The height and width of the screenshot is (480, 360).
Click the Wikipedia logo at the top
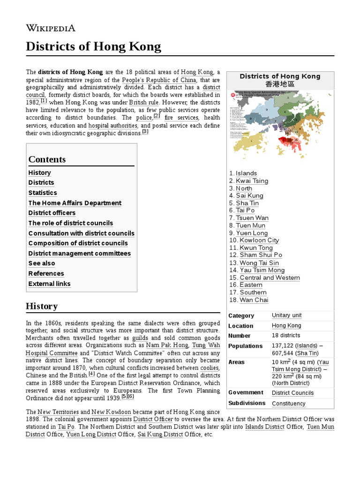point(50,28)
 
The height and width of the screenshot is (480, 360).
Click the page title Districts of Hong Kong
point(93,47)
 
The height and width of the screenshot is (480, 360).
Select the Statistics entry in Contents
point(43,193)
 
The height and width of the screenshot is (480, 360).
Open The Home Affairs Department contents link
point(75,203)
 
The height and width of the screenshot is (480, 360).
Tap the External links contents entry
point(49,284)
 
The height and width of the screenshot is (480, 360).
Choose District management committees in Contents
point(79,254)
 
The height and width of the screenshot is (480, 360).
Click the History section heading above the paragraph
point(42,306)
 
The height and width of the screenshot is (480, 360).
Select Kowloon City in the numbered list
point(259,240)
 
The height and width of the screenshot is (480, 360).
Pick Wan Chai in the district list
point(254,300)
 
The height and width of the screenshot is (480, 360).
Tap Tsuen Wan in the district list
point(252,218)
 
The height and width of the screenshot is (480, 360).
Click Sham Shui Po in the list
point(261,255)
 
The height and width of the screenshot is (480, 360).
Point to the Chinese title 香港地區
point(280,84)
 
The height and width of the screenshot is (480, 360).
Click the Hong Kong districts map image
point(280,127)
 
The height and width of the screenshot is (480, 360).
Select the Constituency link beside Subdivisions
point(288,404)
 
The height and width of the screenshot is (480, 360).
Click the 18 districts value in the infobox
point(286,336)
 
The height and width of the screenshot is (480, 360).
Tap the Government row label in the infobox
point(246,393)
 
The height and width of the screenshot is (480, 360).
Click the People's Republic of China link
point(159,80)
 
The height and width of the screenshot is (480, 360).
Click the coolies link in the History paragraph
point(210,368)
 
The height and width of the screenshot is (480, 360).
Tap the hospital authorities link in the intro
point(113,126)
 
